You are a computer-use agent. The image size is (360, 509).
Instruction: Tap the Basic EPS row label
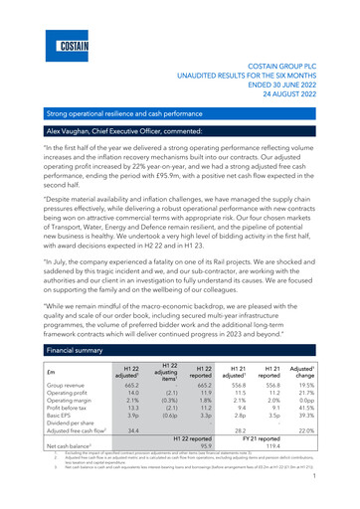click(42, 406)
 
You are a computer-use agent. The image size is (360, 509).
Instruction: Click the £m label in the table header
click(34, 349)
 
